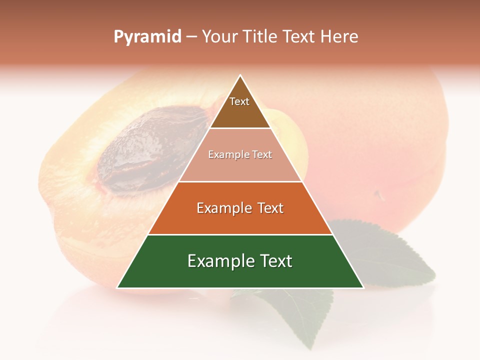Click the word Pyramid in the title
[147, 36]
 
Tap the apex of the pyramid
[240, 76]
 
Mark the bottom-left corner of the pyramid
[118, 287]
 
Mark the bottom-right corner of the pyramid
[363, 287]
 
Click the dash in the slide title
[191, 36]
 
